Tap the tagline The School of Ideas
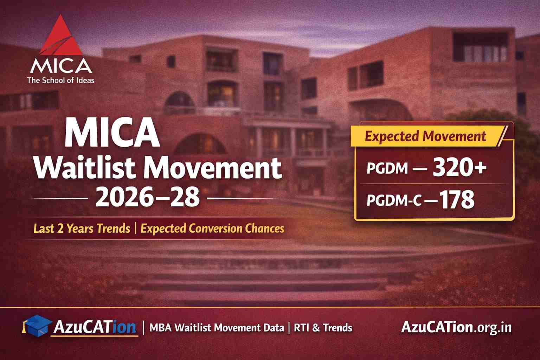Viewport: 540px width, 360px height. (x=61, y=80)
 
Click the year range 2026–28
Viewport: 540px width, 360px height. (x=147, y=198)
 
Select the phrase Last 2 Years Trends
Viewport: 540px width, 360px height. (x=82, y=229)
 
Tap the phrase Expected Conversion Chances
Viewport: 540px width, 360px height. (x=212, y=229)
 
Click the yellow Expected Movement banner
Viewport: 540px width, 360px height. (x=425, y=136)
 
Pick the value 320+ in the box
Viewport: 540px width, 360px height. (x=459, y=168)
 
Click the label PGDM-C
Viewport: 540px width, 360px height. (x=394, y=201)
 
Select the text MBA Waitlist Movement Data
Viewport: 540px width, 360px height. (x=217, y=328)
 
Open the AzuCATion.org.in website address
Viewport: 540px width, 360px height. (x=456, y=328)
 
